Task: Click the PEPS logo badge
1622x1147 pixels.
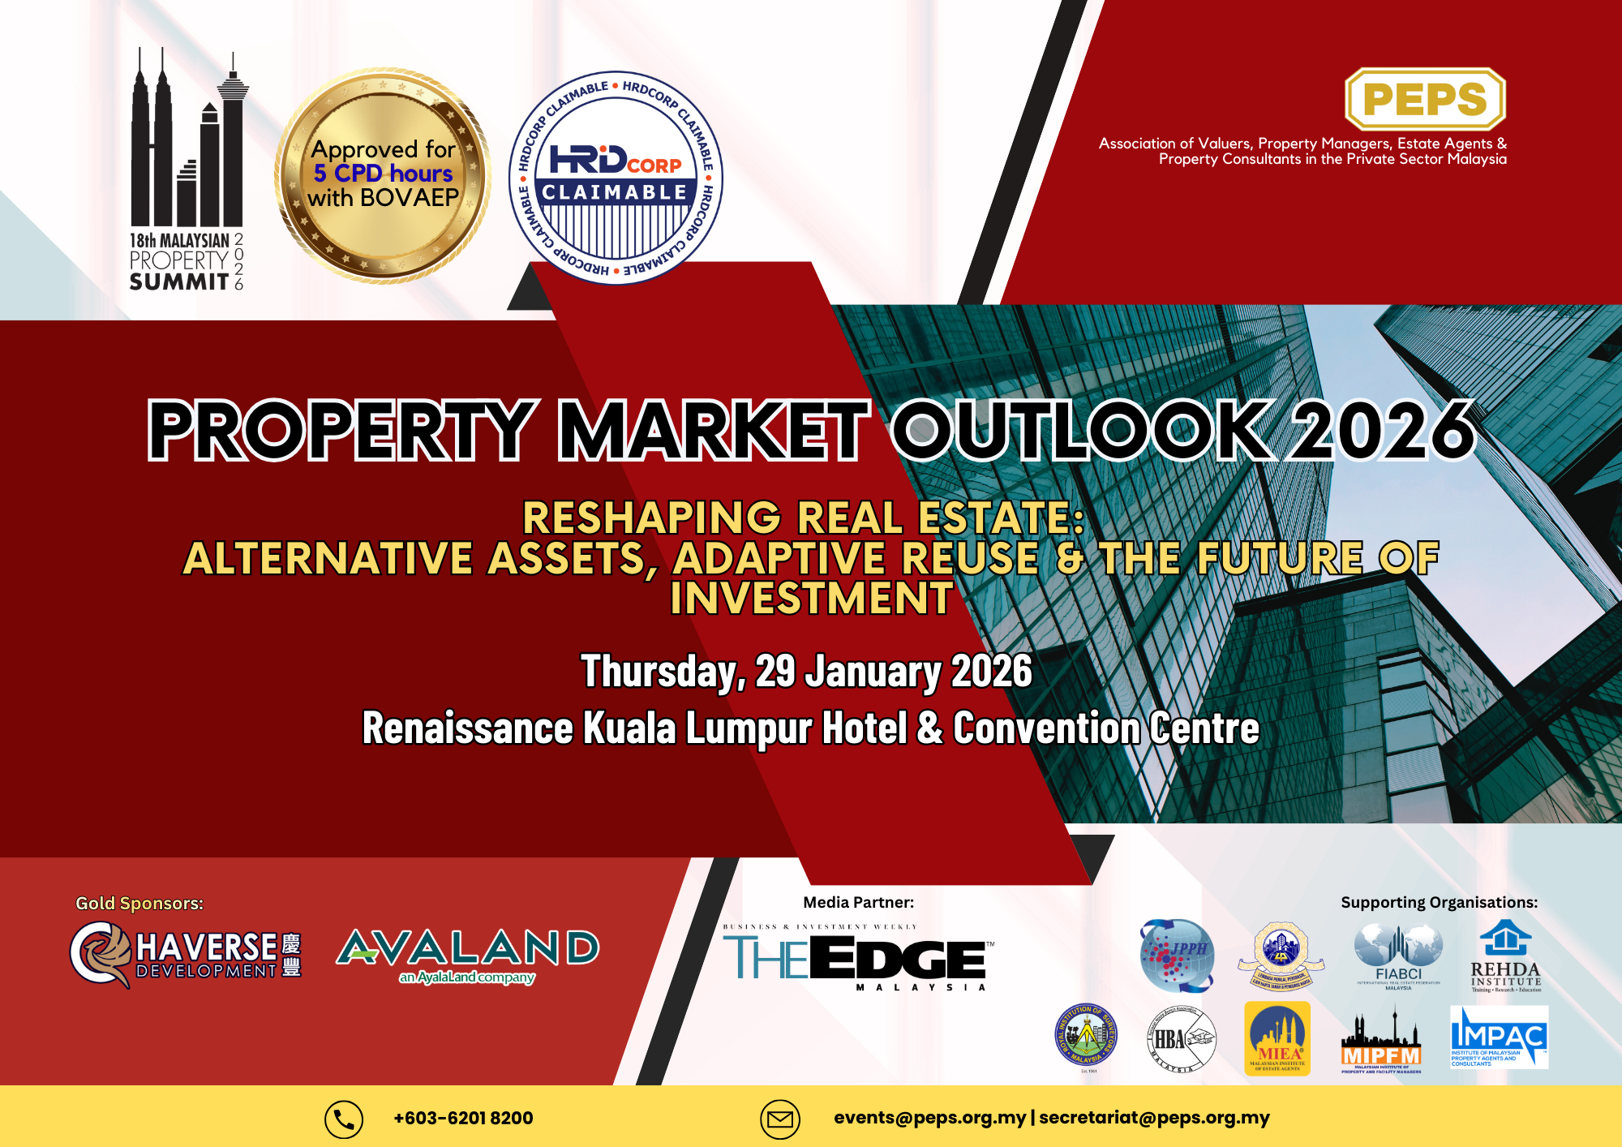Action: click(x=1425, y=99)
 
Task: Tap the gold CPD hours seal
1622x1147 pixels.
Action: click(x=383, y=175)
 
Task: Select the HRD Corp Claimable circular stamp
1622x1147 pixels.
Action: click(x=616, y=178)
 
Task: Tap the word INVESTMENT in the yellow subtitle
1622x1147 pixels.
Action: click(x=811, y=599)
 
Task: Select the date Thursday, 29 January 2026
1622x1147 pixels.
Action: click(x=806, y=672)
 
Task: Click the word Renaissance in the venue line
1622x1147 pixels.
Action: click(x=467, y=728)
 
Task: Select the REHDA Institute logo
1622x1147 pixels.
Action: click(x=1505, y=955)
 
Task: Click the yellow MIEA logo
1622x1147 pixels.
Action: click(x=1277, y=1038)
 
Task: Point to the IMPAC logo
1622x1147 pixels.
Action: click(x=1499, y=1037)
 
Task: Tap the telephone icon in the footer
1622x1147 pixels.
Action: click(x=344, y=1119)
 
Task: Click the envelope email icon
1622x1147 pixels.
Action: click(x=779, y=1119)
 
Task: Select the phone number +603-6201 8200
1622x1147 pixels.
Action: click(x=463, y=1119)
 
